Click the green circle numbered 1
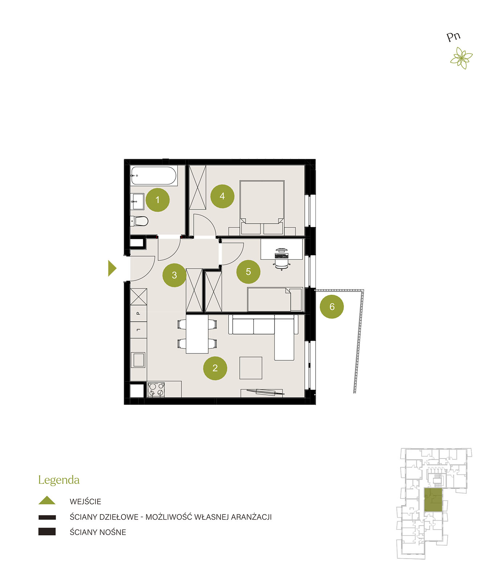157,200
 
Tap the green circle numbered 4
222,196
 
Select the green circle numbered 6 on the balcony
332,307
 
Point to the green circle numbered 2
215,368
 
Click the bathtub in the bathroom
153,176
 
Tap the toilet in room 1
139,221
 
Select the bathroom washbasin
137,202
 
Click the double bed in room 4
262,207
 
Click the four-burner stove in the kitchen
156,390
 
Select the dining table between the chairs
197,334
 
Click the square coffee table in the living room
251,368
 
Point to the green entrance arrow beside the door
112,268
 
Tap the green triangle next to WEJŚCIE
47,500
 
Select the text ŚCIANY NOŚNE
98,532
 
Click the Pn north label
453,37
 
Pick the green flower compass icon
461,58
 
